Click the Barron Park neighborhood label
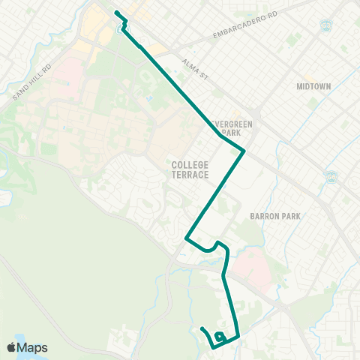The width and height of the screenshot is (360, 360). (x=275, y=216)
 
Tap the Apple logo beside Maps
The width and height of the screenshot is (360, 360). (x=13, y=347)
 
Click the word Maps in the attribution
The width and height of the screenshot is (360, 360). (x=34, y=347)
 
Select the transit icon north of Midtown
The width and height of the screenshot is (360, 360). (x=326, y=26)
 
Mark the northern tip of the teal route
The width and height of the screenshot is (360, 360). (x=115, y=13)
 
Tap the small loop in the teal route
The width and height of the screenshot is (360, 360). (x=218, y=336)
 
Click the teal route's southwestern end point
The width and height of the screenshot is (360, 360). (x=202, y=329)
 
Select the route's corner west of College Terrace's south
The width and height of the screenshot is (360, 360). (x=186, y=238)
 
